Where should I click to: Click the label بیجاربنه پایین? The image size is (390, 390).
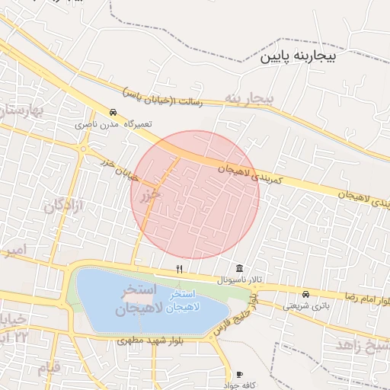(304, 56)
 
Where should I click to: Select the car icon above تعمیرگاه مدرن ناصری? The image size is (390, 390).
(113, 111)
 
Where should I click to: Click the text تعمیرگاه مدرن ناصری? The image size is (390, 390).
(113, 123)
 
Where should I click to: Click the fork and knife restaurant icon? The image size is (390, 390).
(180, 268)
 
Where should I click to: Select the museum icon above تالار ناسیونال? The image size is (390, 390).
(241, 268)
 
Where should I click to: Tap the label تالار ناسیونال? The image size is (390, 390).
(240, 280)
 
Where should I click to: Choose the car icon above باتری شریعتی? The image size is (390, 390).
(305, 294)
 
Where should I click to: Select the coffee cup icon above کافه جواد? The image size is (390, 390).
(241, 374)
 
